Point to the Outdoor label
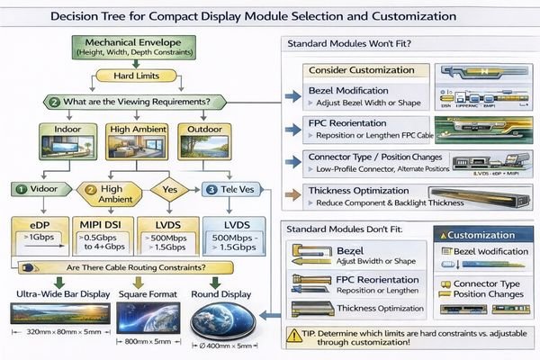(204, 129)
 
